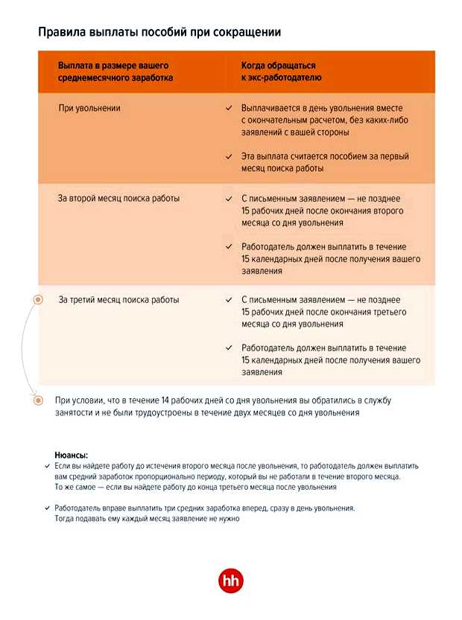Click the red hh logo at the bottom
[x=230, y=581]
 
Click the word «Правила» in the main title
[x=62, y=33]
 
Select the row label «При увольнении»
[x=89, y=109]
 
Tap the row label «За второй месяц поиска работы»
[x=118, y=199]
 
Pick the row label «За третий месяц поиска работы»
[x=118, y=300]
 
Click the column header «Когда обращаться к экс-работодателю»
[x=281, y=71]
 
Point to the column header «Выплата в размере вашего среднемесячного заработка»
[x=115, y=71]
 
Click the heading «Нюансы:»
[x=71, y=454]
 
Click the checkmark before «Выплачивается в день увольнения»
[x=229, y=109]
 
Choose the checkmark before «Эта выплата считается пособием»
[x=229, y=157]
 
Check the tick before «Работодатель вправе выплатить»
[x=47, y=508]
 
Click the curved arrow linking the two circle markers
[x=22, y=350]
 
